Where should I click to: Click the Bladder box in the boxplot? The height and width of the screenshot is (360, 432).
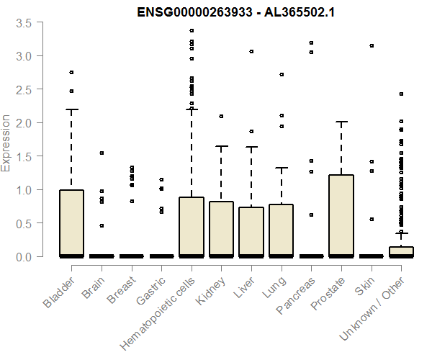[71, 223]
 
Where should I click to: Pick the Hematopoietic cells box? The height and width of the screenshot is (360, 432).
[192, 227]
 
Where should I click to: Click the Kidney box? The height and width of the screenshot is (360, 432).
[221, 229]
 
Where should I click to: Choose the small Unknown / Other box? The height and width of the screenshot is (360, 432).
[400, 251]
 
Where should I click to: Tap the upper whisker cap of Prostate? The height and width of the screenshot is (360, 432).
[341, 122]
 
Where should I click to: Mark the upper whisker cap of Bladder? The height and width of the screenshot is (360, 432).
[71, 109]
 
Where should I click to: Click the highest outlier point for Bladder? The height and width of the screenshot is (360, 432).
[71, 72]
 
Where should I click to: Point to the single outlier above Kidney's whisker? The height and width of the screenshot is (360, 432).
[221, 116]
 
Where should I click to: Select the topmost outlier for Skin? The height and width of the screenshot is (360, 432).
[371, 45]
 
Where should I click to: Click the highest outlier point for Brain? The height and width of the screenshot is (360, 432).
[102, 153]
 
